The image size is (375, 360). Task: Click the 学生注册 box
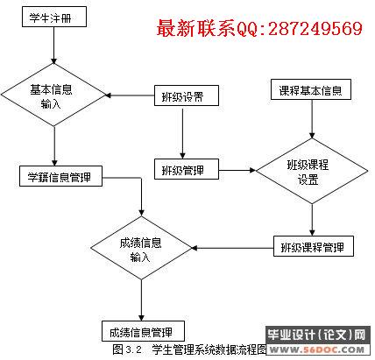[x=54, y=17]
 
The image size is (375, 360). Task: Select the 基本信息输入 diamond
[x=53, y=95]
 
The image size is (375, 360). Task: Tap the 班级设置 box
[x=187, y=95]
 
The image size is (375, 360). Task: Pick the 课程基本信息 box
[x=311, y=89]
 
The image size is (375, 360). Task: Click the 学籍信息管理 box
[x=60, y=176]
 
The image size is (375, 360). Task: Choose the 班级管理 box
[x=187, y=169]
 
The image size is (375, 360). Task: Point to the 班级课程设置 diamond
[x=312, y=171]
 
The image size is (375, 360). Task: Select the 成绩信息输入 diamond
[x=141, y=248]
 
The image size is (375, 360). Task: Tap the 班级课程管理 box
[x=314, y=246]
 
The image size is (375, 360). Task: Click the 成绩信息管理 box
[x=143, y=331]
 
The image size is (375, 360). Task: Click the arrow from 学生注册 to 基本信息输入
[x=54, y=46]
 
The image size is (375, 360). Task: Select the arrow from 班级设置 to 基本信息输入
[x=130, y=95]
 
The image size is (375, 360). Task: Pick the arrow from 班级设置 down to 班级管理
[x=183, y=134]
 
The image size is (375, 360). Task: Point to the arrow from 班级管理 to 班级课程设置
[x=237, y=170]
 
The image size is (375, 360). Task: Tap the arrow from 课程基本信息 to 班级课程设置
[x=312, y=119]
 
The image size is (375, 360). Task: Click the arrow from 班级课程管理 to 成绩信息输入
[x=232, y=248]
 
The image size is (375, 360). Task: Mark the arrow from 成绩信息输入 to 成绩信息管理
[x=141, y=300]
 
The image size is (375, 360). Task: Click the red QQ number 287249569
[x=315, y=29]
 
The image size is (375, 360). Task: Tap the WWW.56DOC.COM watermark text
[x=317, y=349]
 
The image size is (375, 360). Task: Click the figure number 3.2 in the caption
[x=134, y=349]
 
